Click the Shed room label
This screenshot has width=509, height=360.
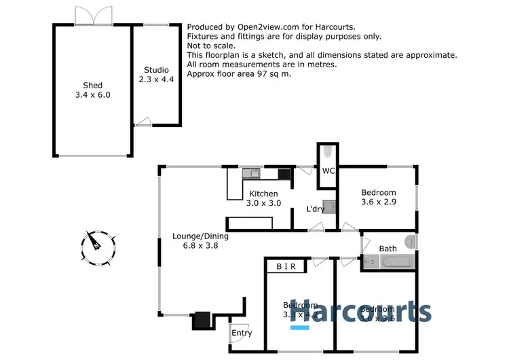pyautogui.click(x=92, y=90)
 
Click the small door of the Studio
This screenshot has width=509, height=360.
pyautogui.click(x=141, y=122)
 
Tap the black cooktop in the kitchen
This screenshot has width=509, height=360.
pyautogui.click(x=284, y=174)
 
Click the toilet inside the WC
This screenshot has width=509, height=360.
pyautogui.click(x=327, y=151)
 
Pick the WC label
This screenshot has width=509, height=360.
pyautogui.click(x=328, y=170)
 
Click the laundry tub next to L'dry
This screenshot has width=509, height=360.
pyautogui.click(x=328, y=207)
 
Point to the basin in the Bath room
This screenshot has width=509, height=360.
pyautogui.click(x=409, y=240)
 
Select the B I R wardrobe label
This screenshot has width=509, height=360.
pyautogui.click(x=288, y=267)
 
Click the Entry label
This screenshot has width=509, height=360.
pyautogui.click(x=242, y=333)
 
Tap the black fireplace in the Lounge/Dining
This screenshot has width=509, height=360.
pyautogui.click(x=203, y=319)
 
